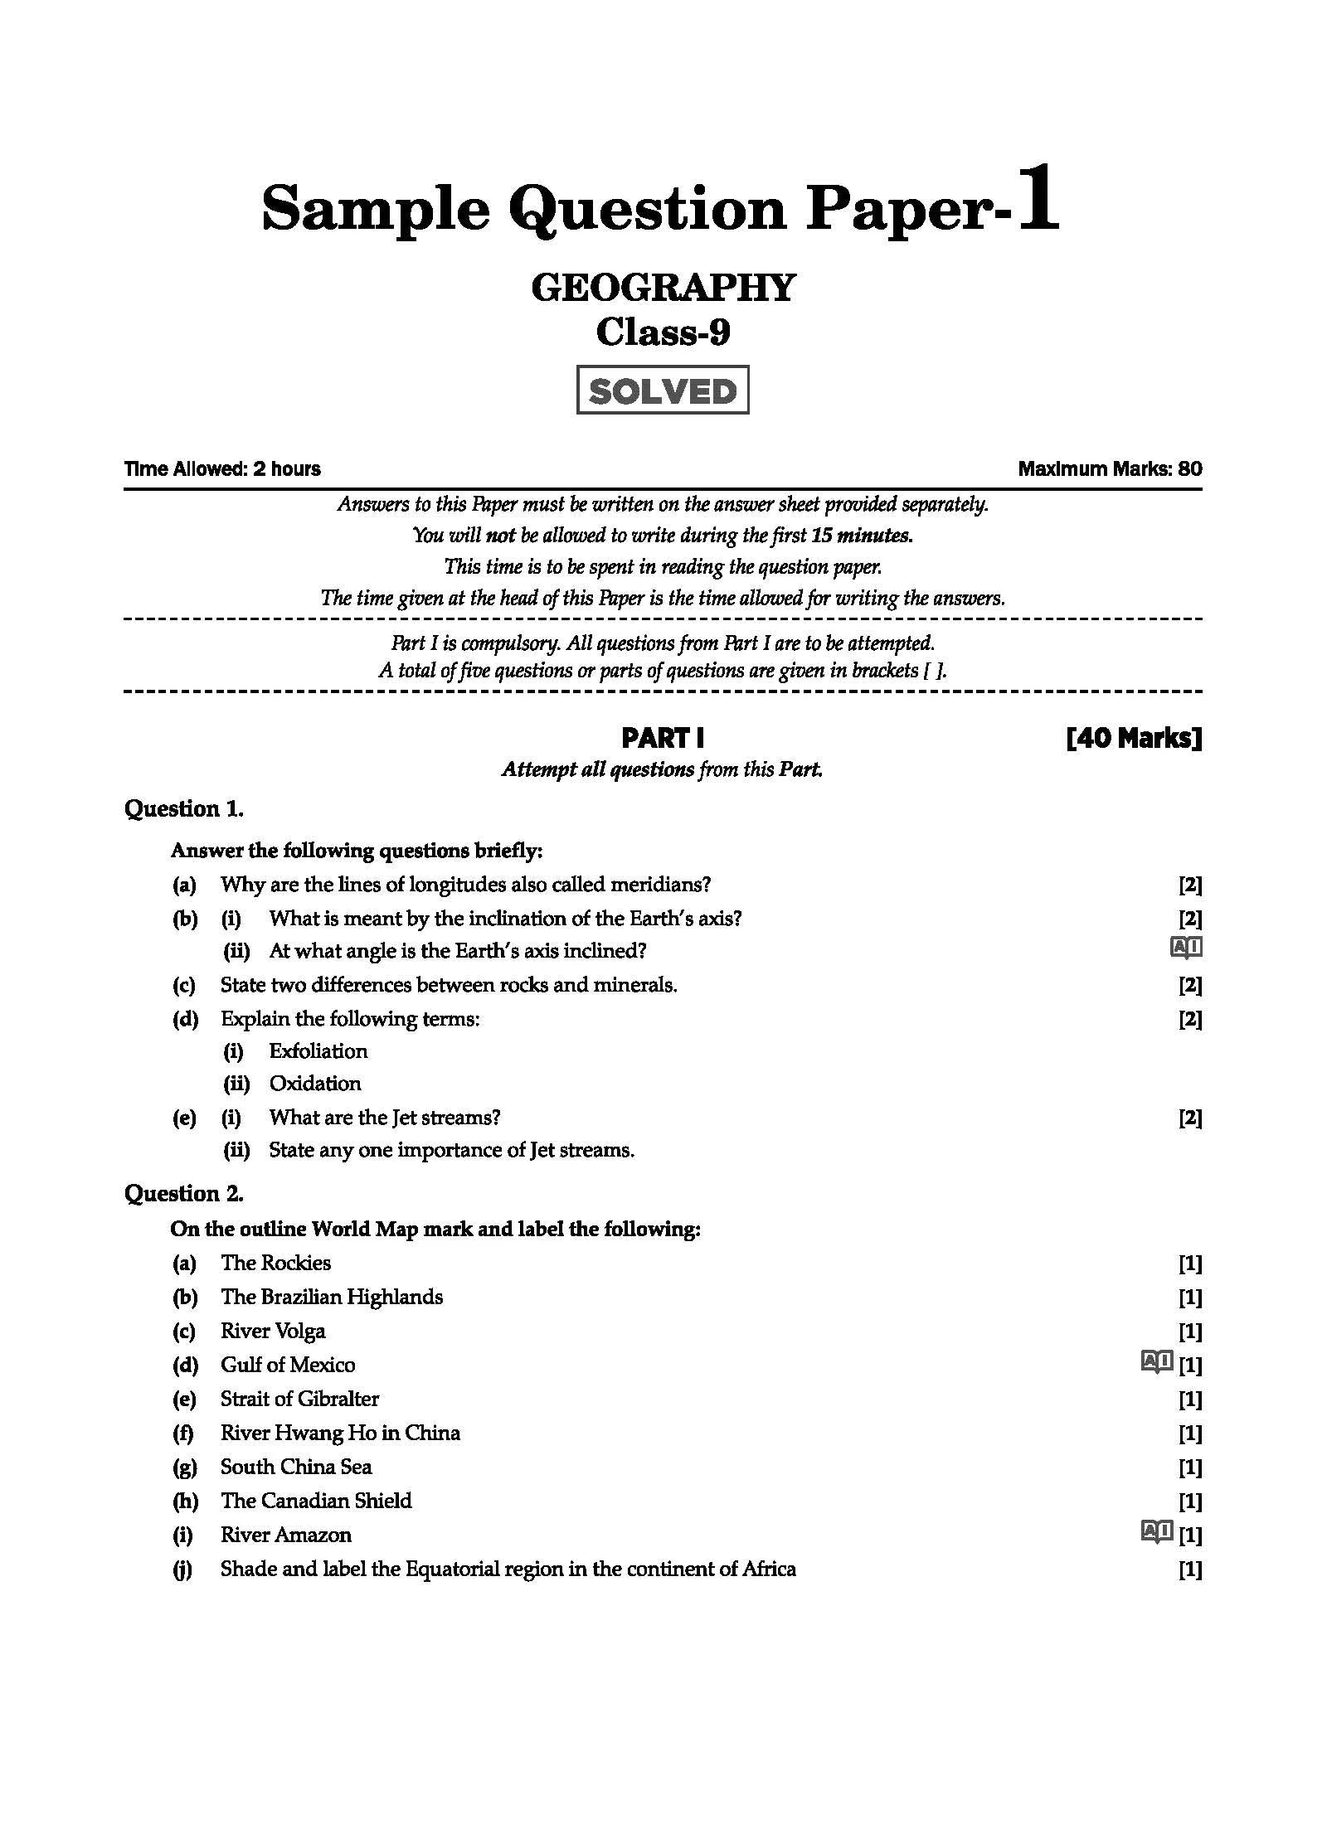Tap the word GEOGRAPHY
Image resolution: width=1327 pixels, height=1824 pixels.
point(663,288)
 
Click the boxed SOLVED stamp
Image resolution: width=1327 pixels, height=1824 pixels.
point(663,390)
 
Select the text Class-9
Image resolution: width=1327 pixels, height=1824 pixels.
point(663,333)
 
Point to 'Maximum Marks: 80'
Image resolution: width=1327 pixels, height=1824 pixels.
point(1110,469)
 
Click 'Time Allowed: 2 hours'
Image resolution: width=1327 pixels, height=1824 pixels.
point(222,469)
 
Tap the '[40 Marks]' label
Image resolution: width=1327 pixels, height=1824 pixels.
point(1133,738)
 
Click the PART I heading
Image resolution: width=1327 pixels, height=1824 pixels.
point(663,738)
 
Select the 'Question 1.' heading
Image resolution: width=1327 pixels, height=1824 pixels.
point(184,808)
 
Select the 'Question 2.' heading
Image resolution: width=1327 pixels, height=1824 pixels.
point(184,1193)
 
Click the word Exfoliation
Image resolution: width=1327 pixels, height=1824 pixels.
point(318,1051)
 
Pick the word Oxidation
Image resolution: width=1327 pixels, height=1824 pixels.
point(314,1084)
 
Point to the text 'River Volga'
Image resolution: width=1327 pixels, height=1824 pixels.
point(273,1331)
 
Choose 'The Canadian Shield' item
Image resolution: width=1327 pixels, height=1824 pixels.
point(316,1501)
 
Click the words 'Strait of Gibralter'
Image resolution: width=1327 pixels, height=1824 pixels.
point(299,1399)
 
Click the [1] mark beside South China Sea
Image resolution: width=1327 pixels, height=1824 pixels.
point(1190,1467)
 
